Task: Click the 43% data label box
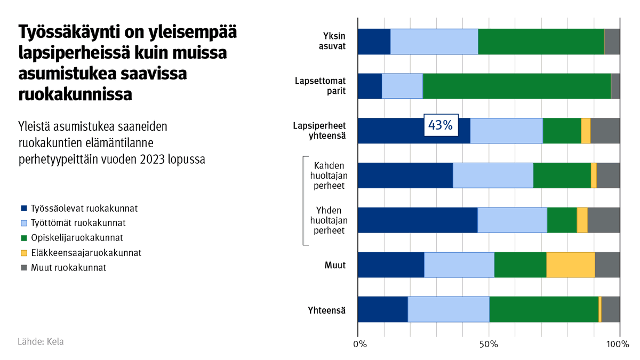pos(440,125)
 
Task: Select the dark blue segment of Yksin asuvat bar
pos(373,42)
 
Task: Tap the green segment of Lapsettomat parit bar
pos(516,86)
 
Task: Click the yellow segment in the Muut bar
pos(570,265)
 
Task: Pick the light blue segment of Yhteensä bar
pos(448,309)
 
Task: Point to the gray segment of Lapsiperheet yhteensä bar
pos(605,131)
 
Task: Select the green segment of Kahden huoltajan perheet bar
pos(562,175)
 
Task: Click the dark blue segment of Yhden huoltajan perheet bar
pos(417,220)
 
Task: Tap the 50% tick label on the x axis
pos(489,345)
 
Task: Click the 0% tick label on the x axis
pos(360,345)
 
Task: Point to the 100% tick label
pos(619,345)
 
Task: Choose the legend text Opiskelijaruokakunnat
pos(77,238)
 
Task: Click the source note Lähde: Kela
pos(41,342)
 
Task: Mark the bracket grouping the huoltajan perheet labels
pos(305,201)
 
